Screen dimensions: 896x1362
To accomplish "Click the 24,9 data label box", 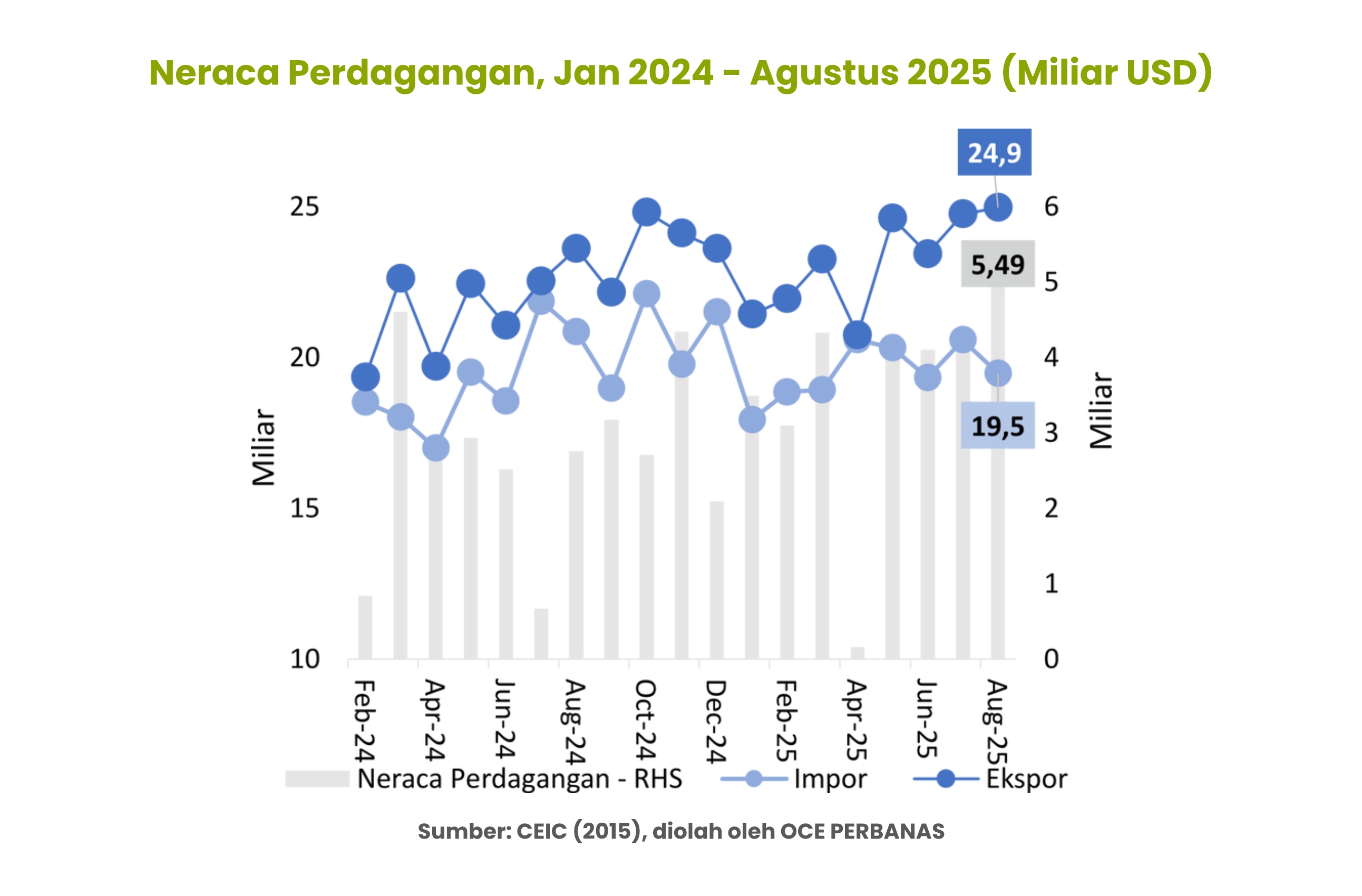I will [994, 152].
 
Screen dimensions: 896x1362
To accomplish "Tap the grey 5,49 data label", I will [997, 264].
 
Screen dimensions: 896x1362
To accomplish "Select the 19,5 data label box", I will [997, 426].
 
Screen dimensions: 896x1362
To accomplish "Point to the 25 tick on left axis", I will [304, 207].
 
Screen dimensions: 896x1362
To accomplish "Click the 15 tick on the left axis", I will [304, 508].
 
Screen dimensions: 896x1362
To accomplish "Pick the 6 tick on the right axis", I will [1051, 207].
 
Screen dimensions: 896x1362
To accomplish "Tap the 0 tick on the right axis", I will [1051, 659].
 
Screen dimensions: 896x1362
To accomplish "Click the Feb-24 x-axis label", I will [365, 721].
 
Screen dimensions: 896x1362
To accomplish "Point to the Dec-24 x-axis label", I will [715, 722].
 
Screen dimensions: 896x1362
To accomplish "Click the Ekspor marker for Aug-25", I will [998, 207].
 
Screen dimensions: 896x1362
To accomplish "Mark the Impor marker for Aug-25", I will [998, 374].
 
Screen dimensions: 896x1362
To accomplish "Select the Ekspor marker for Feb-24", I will [365, 376].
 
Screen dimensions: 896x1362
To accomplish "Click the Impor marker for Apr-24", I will [435, 447].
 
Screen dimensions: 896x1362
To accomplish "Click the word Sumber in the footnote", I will [463, 831].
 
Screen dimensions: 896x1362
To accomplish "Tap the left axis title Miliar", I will [264, 447].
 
